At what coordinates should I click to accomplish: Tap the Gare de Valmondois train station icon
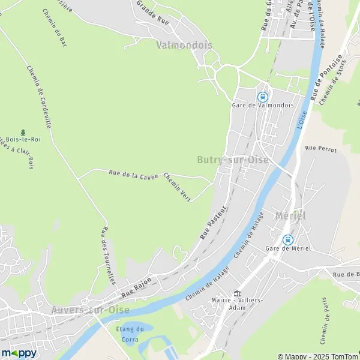pyautogui.click(x=262, y=96)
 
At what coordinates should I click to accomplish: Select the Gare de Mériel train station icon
pyautogui.click(x=287, y=239)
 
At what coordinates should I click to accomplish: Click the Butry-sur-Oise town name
pyautogui.click(x=232, y=160)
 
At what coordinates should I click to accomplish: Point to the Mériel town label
pyautogui.click(x=290, y=215)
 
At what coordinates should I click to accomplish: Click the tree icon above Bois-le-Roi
pyautogui.click(x=23, y=132)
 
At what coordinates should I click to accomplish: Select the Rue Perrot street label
pyautogui.click(x=320, y=148)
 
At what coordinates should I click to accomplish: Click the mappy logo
pyautogui.click(x=19, y=353)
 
